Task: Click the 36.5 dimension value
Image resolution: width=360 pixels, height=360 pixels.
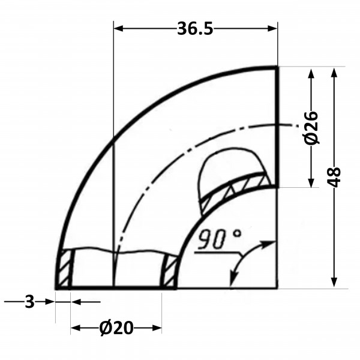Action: point(195,29)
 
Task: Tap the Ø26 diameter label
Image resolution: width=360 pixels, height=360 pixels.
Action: point(311,128)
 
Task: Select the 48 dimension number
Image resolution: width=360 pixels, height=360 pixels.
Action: point(334,177)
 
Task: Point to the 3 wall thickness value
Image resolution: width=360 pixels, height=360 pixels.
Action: point(29,302)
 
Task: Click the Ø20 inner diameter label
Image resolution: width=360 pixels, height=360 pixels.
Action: point(116,328)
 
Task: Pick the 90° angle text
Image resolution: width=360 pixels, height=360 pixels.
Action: point(219,239)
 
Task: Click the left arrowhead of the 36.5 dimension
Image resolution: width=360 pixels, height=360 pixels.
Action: point(118,29)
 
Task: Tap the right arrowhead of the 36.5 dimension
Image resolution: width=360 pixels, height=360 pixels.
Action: point(273,29)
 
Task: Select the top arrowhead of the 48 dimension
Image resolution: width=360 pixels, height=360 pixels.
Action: point(334,73)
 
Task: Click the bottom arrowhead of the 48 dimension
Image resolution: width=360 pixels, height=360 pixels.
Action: point(334,283)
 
